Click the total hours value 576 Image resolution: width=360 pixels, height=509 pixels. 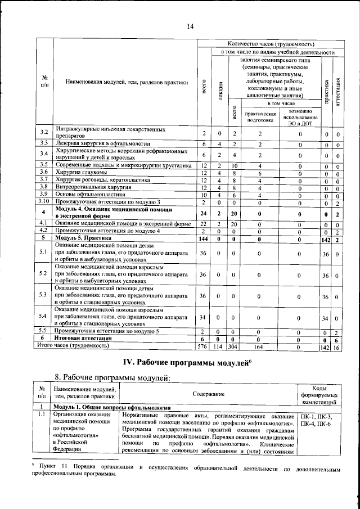(x=204, y=347)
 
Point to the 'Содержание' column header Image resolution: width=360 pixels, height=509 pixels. (x=208, y=395)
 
